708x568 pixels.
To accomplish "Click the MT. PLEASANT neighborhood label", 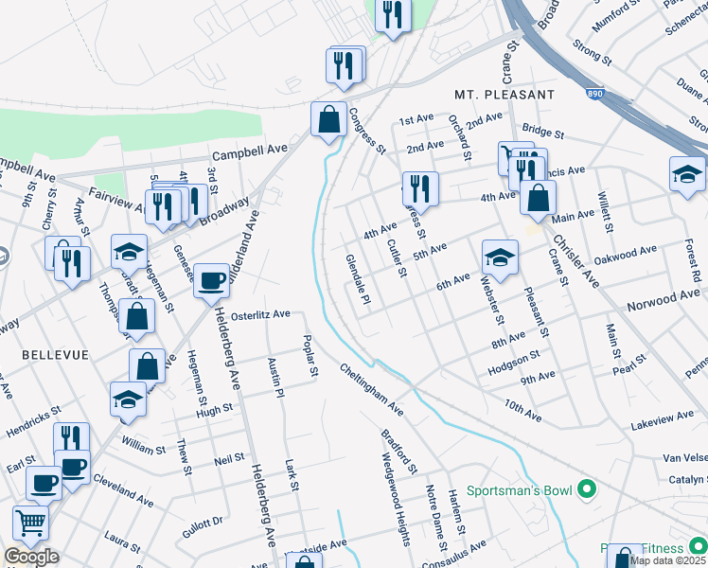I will [x=504, y=95].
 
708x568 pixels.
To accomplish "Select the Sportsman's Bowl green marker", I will [x=587, y=490].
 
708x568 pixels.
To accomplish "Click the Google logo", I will [x=31, y=557].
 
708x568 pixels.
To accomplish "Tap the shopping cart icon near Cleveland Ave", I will [x=30, y=522].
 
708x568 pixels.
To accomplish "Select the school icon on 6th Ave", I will [x=500, y=256].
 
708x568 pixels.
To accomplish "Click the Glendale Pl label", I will [x=358, y=278].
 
